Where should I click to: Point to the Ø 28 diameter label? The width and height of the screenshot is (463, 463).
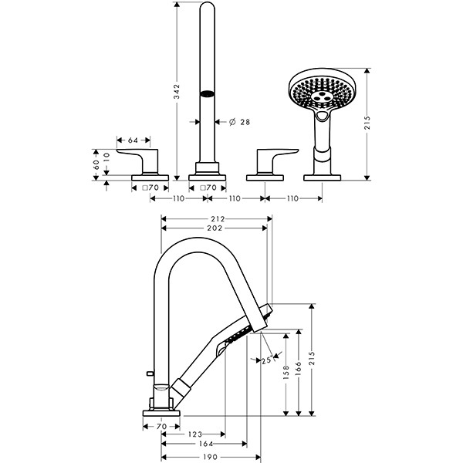coord(240,122)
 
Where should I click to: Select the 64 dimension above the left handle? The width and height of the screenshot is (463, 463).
coord(132,140)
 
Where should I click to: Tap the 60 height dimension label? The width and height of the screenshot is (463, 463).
coord(96,164)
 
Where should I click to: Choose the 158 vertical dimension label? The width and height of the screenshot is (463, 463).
coord(286,372)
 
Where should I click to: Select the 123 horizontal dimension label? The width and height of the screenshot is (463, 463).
coord(193,434)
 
